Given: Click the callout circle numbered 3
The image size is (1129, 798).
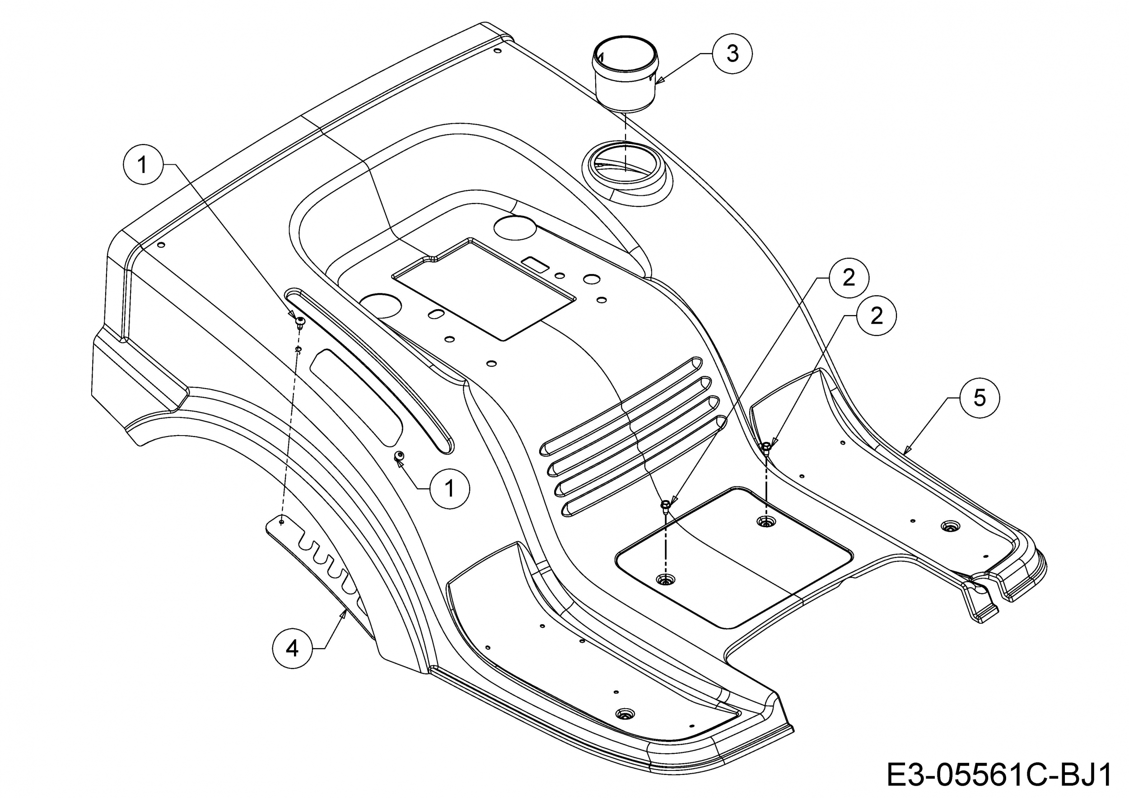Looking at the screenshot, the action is click(x=732, y=54).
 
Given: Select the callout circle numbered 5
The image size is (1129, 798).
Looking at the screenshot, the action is click(x=980, y=398).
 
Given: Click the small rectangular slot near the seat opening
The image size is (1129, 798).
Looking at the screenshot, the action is click(x=536, y=264).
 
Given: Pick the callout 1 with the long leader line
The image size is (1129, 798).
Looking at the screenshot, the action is click(x=143, y=165).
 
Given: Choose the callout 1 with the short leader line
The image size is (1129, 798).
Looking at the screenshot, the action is click(x=449, y=488).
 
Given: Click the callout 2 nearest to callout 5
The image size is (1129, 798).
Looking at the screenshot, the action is click(x=876, y=316).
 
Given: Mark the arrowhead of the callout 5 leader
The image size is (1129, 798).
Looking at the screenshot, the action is click(x=906, y=449).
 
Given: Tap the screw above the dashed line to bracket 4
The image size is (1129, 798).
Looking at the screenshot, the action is click(x=300, y=322).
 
